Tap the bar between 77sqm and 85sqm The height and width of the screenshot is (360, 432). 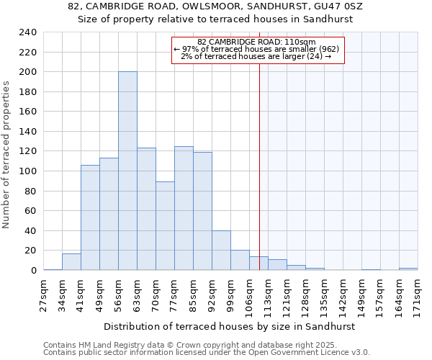tap(184, 208)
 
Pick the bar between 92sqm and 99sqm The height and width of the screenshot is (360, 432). tap(221, 251)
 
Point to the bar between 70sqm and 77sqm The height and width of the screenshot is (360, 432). tap(165, 226)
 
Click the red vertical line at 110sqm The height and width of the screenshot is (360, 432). tap(259, 180)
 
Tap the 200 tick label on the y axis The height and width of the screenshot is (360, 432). tap(28, 72)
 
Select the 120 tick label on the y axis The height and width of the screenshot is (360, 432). tap(28, 151)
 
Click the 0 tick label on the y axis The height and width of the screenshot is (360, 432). tap(33, 270)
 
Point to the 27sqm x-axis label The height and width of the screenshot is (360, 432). tap(44, 294)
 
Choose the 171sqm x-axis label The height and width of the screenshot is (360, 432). tap(418, 294)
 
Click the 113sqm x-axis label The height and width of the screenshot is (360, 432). tap(269, 294)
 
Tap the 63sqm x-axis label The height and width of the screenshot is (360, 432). tap(138, 294)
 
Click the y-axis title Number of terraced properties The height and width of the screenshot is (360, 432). tap(7, 155)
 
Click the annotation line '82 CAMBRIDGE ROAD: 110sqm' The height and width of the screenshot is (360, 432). tap(256, 42)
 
